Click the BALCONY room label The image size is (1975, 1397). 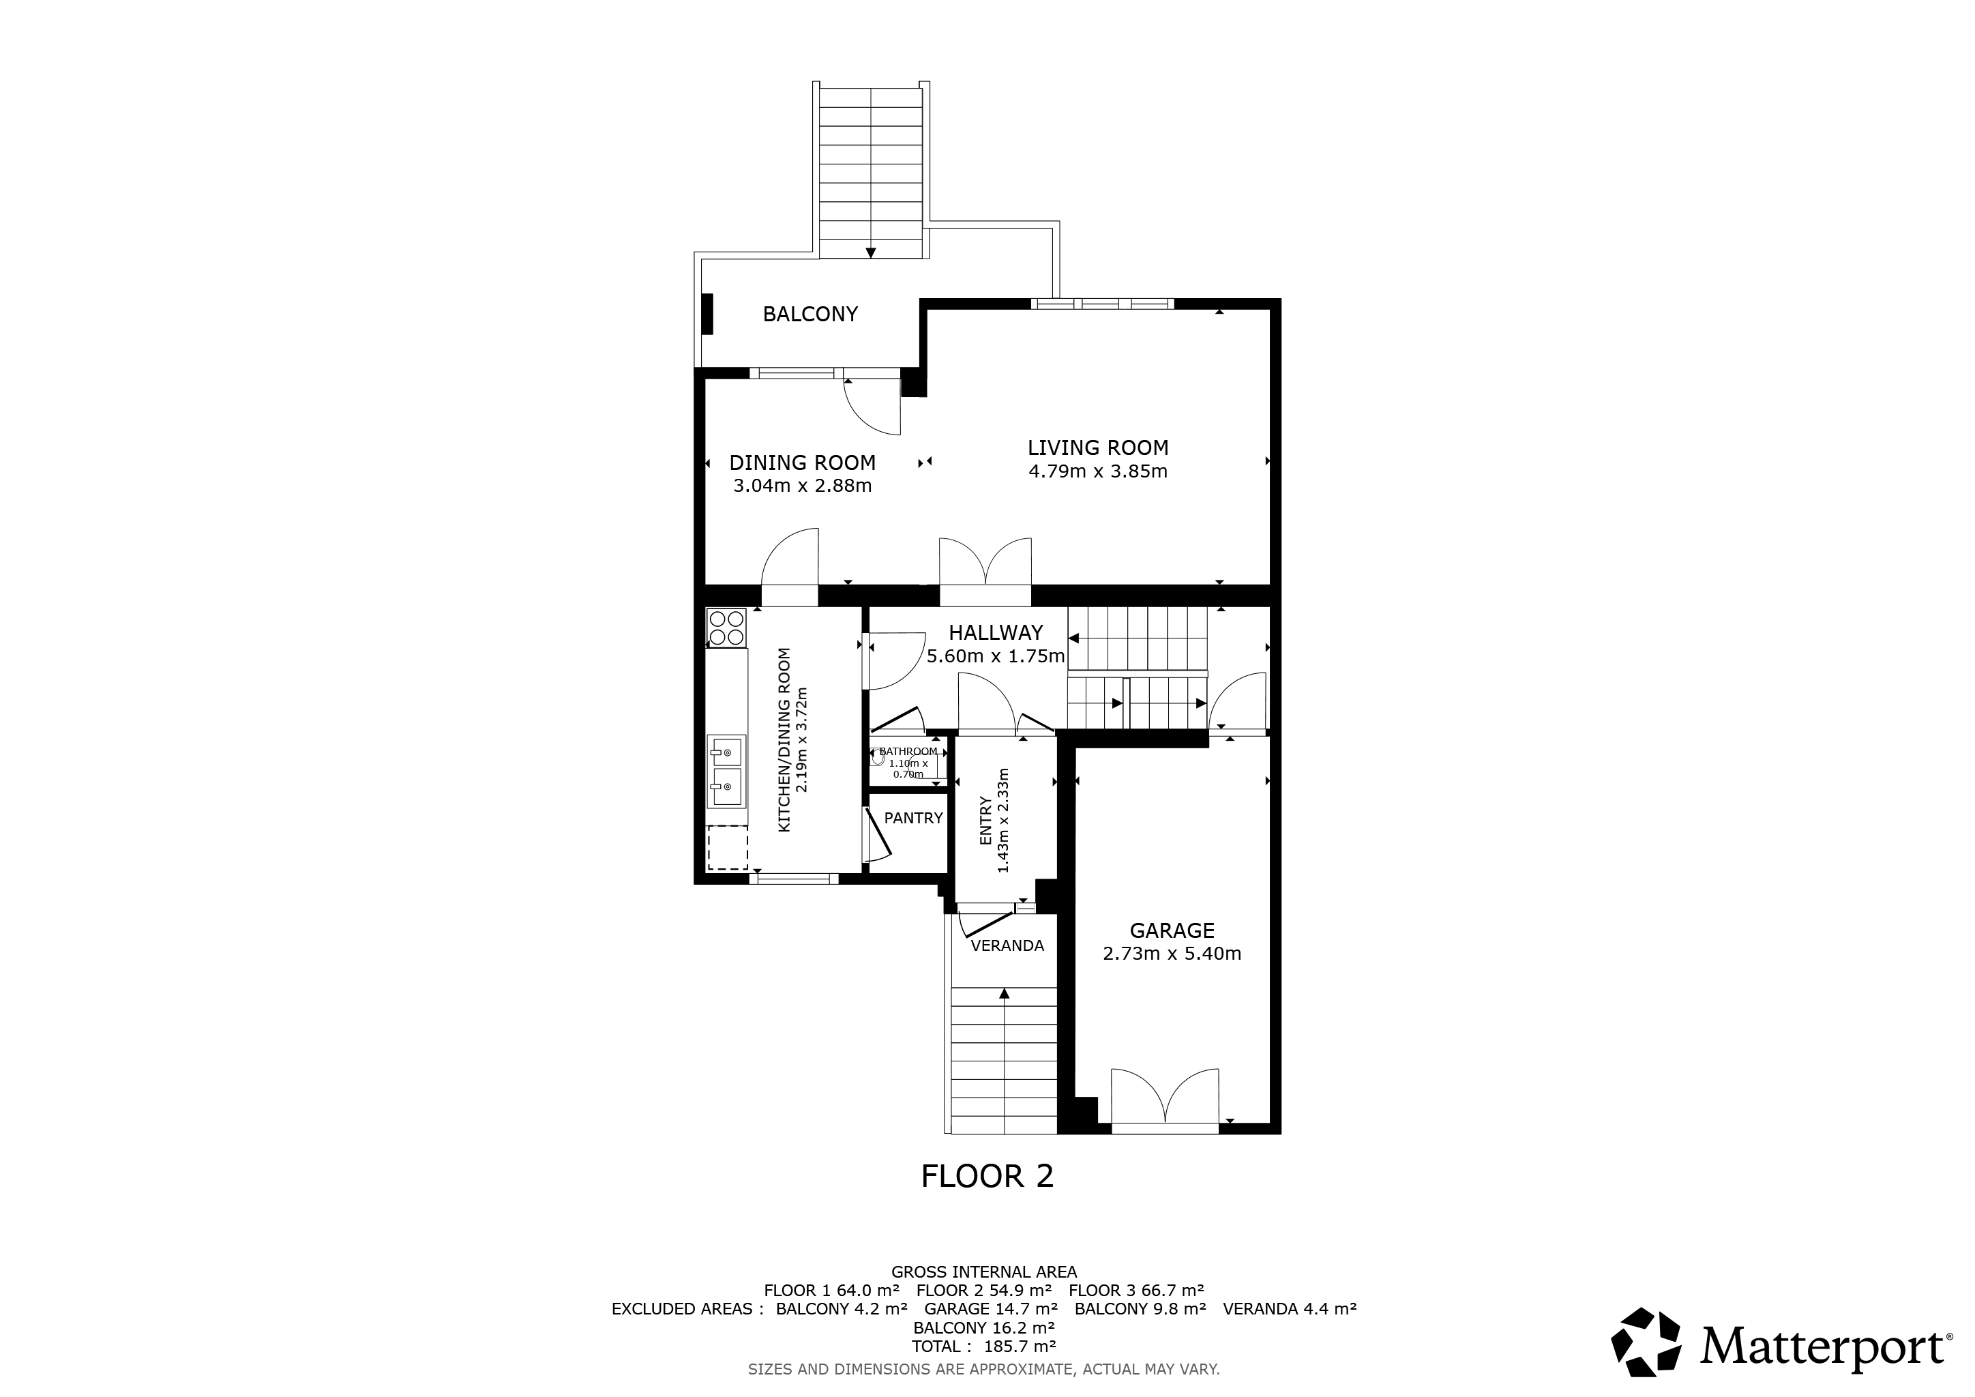point(810,314)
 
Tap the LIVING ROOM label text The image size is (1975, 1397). point(1097,447)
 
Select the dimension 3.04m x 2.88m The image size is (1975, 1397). point(802,486)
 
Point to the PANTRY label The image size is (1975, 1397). point(914,818)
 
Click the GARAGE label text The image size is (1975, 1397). point(1172,930)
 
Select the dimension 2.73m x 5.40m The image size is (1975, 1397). point(1172,953)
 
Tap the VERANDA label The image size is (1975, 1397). point(1007,946)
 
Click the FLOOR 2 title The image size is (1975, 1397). point(987,1176)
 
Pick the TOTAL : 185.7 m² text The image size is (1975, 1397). point(983,1347)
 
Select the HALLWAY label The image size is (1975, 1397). point(995,633)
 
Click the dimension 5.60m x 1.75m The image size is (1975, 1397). point(995,656)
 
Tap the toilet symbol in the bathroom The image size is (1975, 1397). point(878,758)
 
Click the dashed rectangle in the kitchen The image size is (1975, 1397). point(727,848)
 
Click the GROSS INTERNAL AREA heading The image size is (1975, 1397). point(983,1271)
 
